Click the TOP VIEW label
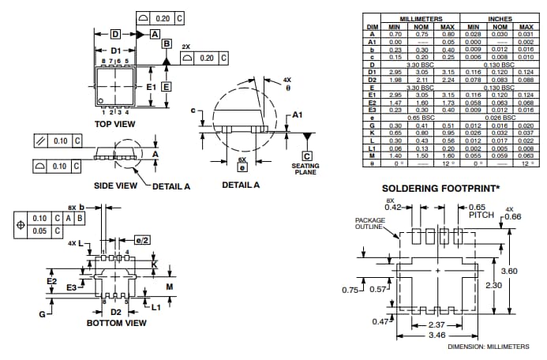(114, 124)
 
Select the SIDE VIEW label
(116, 186)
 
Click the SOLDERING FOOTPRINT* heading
(440, 189)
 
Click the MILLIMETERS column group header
(421, 18)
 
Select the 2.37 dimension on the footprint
(436, 324)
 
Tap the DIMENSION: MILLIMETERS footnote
(489, 347)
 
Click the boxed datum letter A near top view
(155, 34)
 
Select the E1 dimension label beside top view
(151, 86)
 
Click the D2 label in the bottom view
(116, 312)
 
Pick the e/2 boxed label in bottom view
(142, 239)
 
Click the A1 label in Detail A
(297, 114)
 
